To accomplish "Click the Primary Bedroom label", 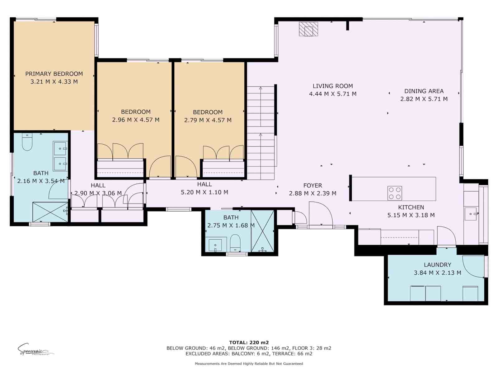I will [54, 74].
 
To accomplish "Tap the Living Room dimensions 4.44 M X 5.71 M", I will [333, 94].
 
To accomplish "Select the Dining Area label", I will [424, 91].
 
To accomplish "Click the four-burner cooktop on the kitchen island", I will [395, 193].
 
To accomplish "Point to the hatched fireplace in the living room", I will [308, 29].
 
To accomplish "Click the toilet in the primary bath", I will [27, 143].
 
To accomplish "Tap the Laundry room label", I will [437, 265].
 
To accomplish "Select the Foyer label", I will [312, 185].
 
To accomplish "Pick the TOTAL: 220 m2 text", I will [249, 342].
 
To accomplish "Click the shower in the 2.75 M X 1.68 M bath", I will [262, 231].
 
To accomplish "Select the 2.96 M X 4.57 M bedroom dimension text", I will [136, 120].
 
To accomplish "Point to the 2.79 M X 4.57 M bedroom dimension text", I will [208, 120].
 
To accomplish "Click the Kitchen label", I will [411, 207].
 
